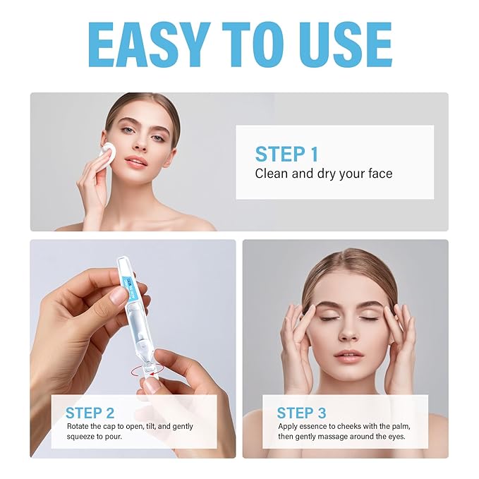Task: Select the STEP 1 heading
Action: pyautogui.click(x=286, y=154)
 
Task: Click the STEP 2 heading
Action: pyautogui.click(x=90, y=413)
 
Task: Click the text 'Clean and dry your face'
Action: pyautogui.click(x=323, y=173)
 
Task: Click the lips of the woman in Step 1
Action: pyautogui.click(x=137, y=162)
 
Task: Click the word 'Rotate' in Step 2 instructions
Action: pyautogui.click(x=78, y=427)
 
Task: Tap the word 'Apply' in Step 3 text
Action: pyautogui.click(x=288, y=427)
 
